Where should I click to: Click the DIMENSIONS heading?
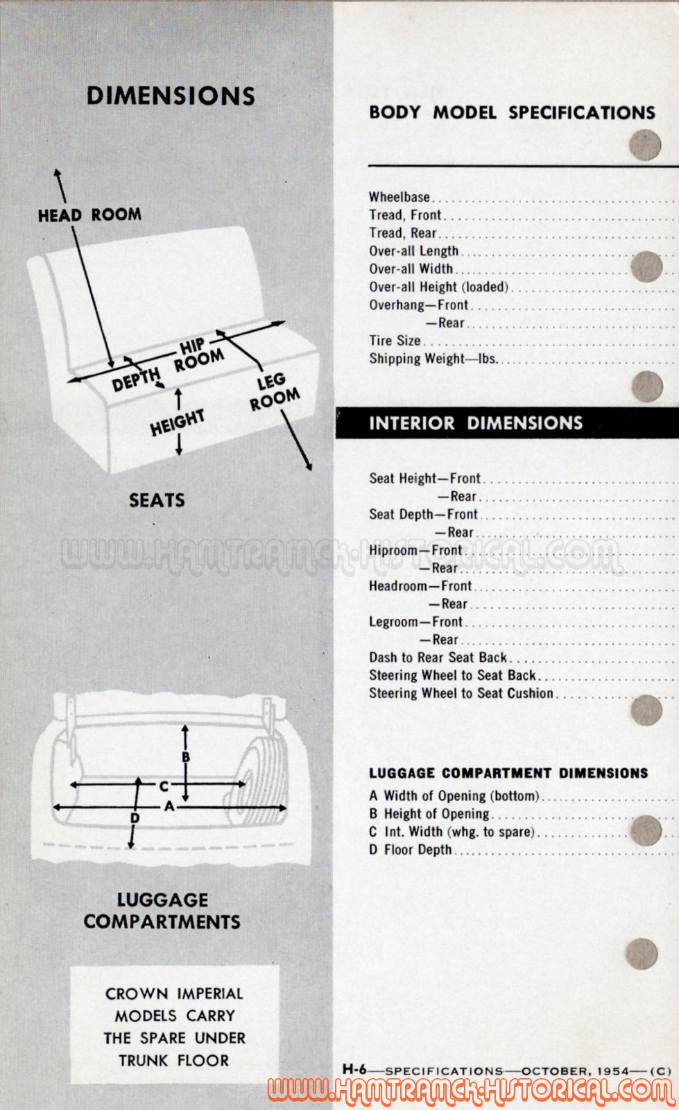coord(171,96)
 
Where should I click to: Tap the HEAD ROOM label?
coord(89,214)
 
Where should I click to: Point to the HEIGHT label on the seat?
coord(178,422)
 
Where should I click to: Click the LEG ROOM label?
coord(274,392)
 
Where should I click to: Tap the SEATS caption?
coord(157,500)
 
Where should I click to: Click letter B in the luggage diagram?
coord(186,757)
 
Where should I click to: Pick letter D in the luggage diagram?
coord(135,818)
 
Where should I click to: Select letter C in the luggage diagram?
coord(164,786)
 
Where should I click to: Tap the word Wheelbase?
coord(399,197)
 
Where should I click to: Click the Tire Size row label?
coord(395,341)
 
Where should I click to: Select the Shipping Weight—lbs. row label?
coord(433,359)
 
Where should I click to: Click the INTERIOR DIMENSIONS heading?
coord(476,422)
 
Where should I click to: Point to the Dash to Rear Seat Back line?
coord(438,658)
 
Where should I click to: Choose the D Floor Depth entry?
coord(411,850)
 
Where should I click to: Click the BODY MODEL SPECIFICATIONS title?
coord(512,112)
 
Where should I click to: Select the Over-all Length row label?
coord(413,251)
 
